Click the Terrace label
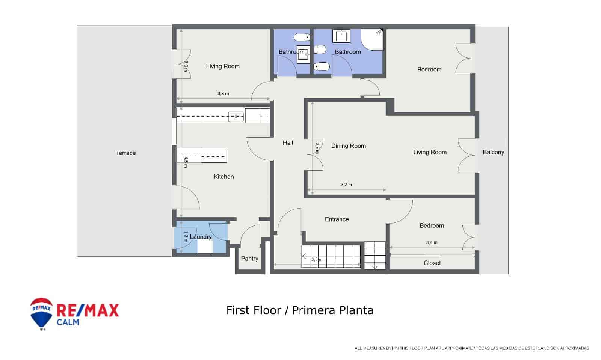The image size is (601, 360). pyautogui.click(x=126, y=153)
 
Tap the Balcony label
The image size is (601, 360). pyautogui.click(x=493, y=152)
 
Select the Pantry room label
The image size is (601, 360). pyautogui.click(x=249, y=259)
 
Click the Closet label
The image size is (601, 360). pyautogui.click(x=432, y=263)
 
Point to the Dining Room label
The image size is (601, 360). pyautogui.click(x=348, y=146)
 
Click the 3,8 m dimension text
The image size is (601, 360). pyautogui.click(x=223, y=94)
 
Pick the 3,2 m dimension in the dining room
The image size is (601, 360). pyautogui.click(x=346, y=185)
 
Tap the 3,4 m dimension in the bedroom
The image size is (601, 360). pyautogui.click(x=432, y=242)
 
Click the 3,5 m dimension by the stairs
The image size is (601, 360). pyautogui.click(x=317, y=259)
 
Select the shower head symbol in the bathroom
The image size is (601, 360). pyautogui.click(x=379, y=32)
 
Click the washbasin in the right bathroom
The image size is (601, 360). pyautogui.click(x=341, y=36)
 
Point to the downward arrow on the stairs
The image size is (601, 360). pyautogui.click(x=374, y=267)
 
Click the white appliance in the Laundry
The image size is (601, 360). pyautogui.click(x=205, y=247)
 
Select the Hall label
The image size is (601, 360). pyautogui.click(x=288, y=143)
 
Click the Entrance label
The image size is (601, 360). pyautogui.click(x=337, y=219)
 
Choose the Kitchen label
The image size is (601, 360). pyautogui.click(x=224, y=177)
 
